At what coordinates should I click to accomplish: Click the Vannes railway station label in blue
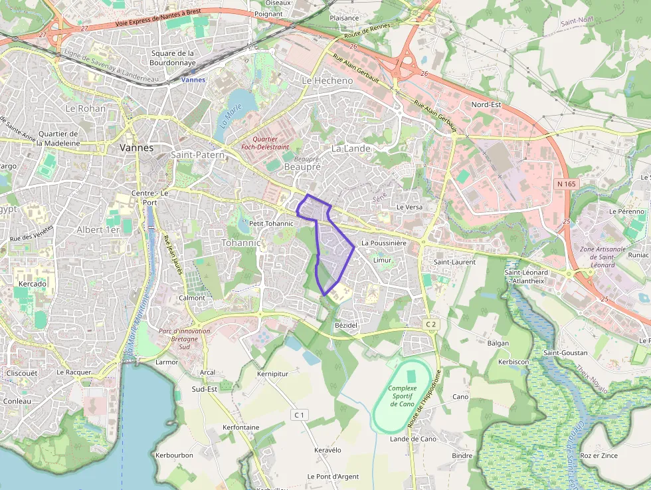point(193,80)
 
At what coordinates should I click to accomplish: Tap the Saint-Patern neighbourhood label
point(197,155)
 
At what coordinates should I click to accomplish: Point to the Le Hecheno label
point(327,80)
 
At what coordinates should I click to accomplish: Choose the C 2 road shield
point(431,324)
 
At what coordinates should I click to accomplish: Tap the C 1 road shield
point(300,415)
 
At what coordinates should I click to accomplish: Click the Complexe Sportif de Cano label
point(403,396)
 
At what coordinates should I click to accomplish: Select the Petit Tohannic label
point(271,223)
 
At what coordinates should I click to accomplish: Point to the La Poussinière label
point(383,243)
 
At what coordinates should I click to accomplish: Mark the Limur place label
point(382,260)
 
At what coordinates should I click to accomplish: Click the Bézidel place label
point(346,324)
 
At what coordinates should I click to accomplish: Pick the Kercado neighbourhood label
point(33,284)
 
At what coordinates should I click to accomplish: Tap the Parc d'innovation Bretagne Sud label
point(185,339)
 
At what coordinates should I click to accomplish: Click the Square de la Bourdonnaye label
point(173,58)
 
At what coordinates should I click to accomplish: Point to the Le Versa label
point(409,207)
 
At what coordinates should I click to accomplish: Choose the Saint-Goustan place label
point(563,352)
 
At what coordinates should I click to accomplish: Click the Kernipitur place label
point(272,374)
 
